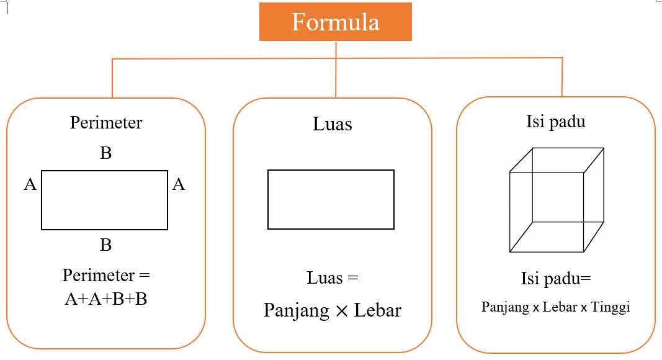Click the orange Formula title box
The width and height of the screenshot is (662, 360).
click(335, 23)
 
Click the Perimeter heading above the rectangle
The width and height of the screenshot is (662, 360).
click(105, 123)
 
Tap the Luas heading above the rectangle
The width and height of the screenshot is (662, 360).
click(332, 124)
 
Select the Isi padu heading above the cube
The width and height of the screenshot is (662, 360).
click(555, 122)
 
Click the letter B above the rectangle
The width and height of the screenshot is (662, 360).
click(105, 153)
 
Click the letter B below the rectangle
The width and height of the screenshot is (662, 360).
click(105, 245)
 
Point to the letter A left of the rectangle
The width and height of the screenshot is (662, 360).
click(30, 184)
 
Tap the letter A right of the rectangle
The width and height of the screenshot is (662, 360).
click(179, 184)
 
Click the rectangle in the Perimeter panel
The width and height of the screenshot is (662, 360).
click(104, 200)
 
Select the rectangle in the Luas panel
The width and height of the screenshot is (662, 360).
click(331, 199)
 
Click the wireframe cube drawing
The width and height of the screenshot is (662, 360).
click(557, 200)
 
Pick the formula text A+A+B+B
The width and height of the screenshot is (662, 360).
click(105, 299)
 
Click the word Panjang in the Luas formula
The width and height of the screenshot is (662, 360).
click(296, 310)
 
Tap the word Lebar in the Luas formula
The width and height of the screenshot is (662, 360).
click(378, 310)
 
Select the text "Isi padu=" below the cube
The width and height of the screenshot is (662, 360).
click(555, 279)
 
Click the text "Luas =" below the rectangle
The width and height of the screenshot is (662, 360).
click(333, 278)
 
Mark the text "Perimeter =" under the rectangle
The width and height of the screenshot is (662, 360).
click(106, 275)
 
